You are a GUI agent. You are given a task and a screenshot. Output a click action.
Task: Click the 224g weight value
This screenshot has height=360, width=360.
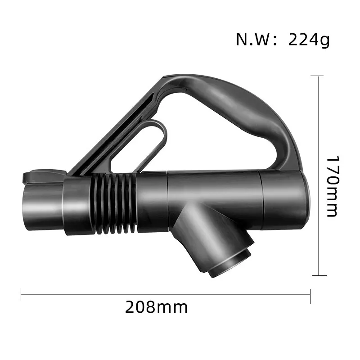click(x=309, y=40)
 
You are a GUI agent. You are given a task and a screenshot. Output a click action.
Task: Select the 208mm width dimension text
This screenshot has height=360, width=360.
click(x=156, y=308)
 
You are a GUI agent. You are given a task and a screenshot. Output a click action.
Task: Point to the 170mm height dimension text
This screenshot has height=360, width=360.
click(x=332, y=186)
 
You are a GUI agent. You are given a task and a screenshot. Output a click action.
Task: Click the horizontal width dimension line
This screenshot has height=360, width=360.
click(x=166, y=295)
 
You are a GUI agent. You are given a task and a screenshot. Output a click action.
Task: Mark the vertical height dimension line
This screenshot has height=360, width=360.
click(x=319, y=175)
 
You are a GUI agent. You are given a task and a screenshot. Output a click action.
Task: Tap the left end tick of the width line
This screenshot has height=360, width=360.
click(x=21, y=295)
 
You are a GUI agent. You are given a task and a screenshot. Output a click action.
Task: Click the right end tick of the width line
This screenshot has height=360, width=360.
click(x=310, y=295)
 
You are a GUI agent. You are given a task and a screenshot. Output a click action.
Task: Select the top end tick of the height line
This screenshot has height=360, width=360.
click(x=319, y=76)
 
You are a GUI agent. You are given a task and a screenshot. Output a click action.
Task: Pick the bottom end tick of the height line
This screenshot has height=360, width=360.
click(x=319, y=275)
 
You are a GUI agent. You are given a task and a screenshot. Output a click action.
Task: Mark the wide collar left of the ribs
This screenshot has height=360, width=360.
click(x=78, y=205)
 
